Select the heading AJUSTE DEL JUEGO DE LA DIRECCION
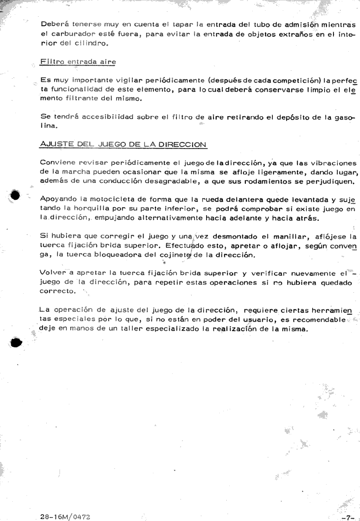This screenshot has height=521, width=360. [x=123, y=145]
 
